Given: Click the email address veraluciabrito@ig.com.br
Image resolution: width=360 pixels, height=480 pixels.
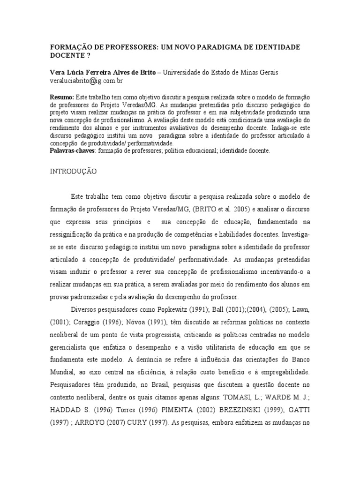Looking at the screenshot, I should point(86,81).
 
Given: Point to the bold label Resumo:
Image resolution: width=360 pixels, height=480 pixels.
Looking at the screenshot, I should point(61,97).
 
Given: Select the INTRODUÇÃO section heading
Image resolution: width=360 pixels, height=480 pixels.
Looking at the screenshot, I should point(73,172).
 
